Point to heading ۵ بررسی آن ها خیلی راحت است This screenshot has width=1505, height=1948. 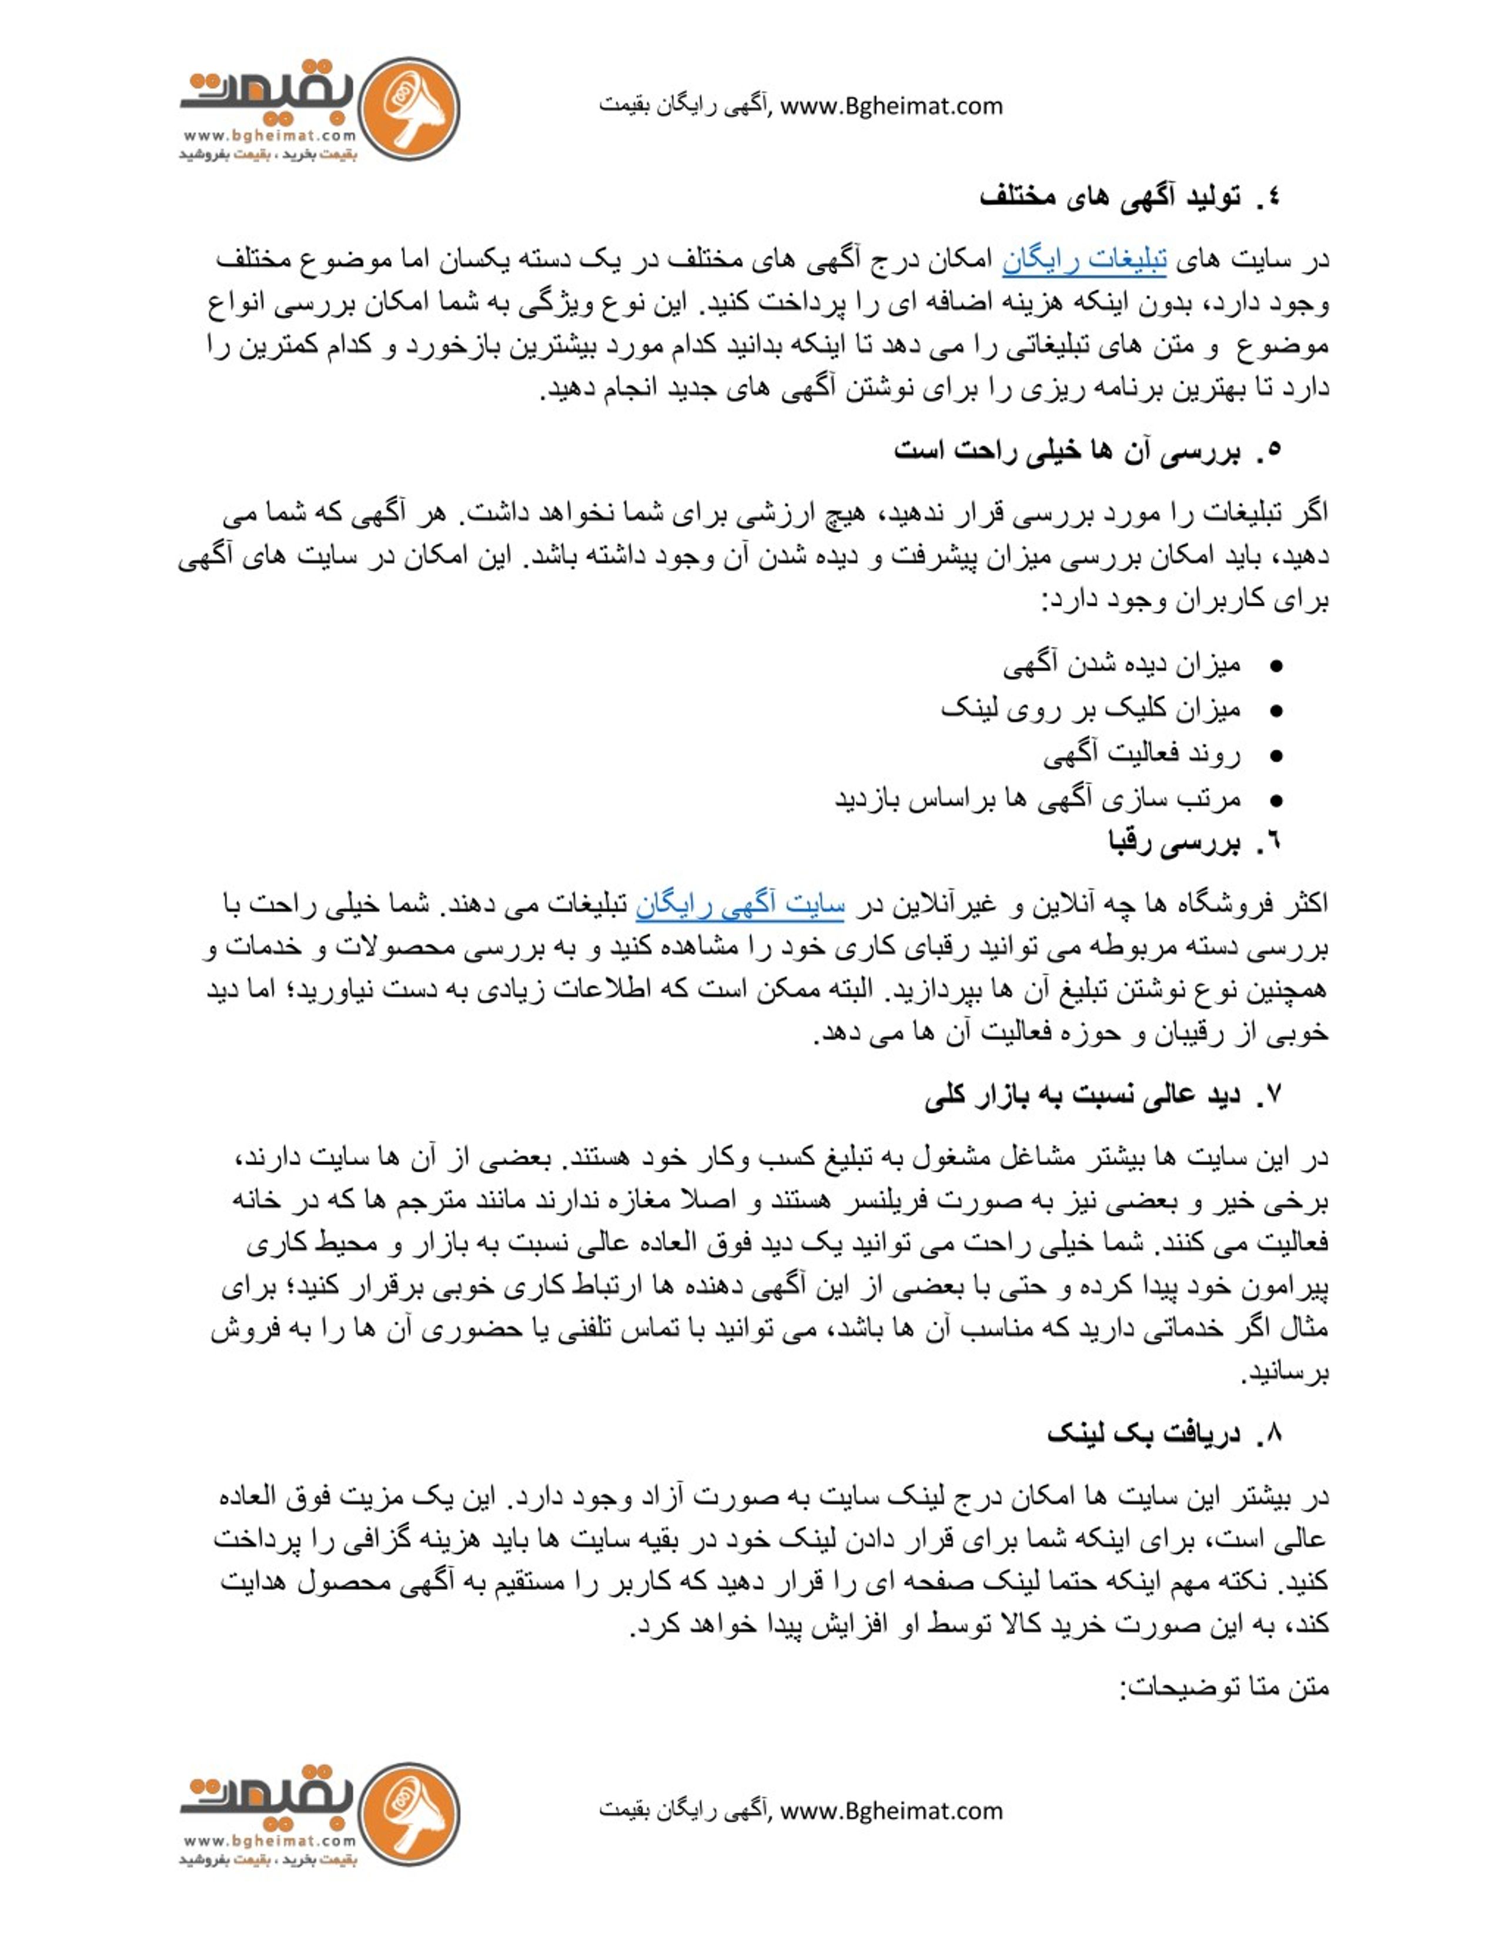coord(1087,450)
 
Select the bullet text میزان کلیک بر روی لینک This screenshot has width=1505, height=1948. coord(1089,710)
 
